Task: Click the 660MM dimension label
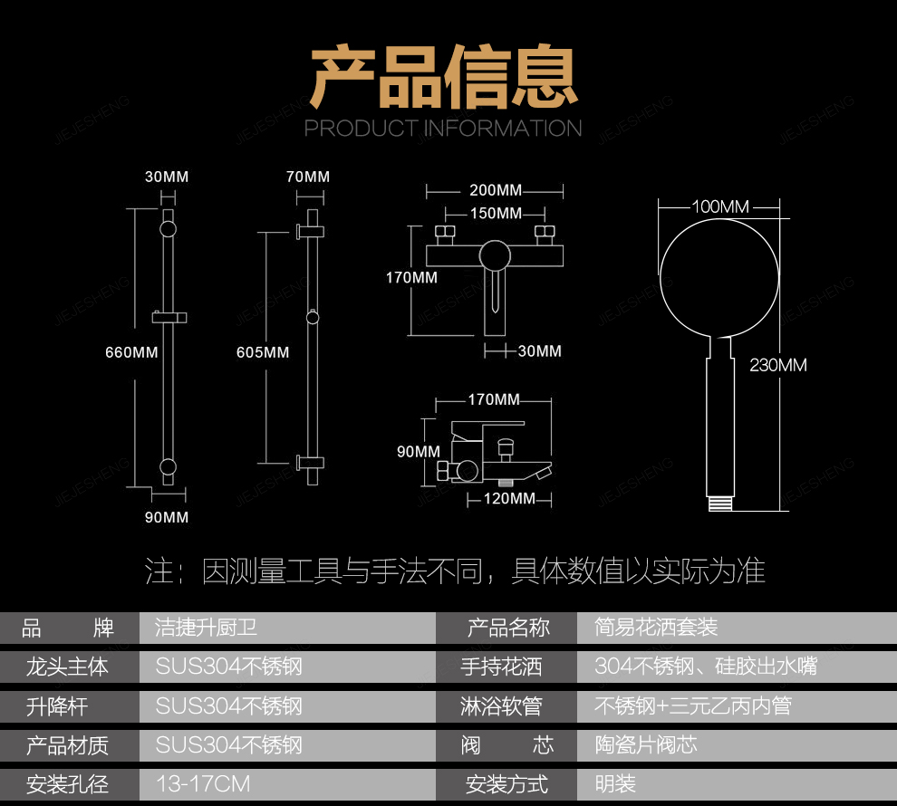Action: (x=131, y=352)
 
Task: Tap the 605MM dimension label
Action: (x=263, y=352)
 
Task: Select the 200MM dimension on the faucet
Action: (x=496, y=190)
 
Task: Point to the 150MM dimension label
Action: (x=496, y=214)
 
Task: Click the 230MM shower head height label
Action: (x=777, y=366)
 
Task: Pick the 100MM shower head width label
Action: (x=720, y=206)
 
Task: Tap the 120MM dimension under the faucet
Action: (x=508, y=499)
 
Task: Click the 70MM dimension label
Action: (x=308, y=177)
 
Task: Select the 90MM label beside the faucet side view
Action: (x=418, y=452)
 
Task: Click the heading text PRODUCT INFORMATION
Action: (x=443, y=129)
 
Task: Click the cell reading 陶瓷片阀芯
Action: (x=646, y=744)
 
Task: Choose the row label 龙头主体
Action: (x=68, y=667)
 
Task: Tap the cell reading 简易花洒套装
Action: (x=656, y=627)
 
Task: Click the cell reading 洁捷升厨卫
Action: (x=207, y=627)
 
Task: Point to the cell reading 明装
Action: (x=615, y=783)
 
